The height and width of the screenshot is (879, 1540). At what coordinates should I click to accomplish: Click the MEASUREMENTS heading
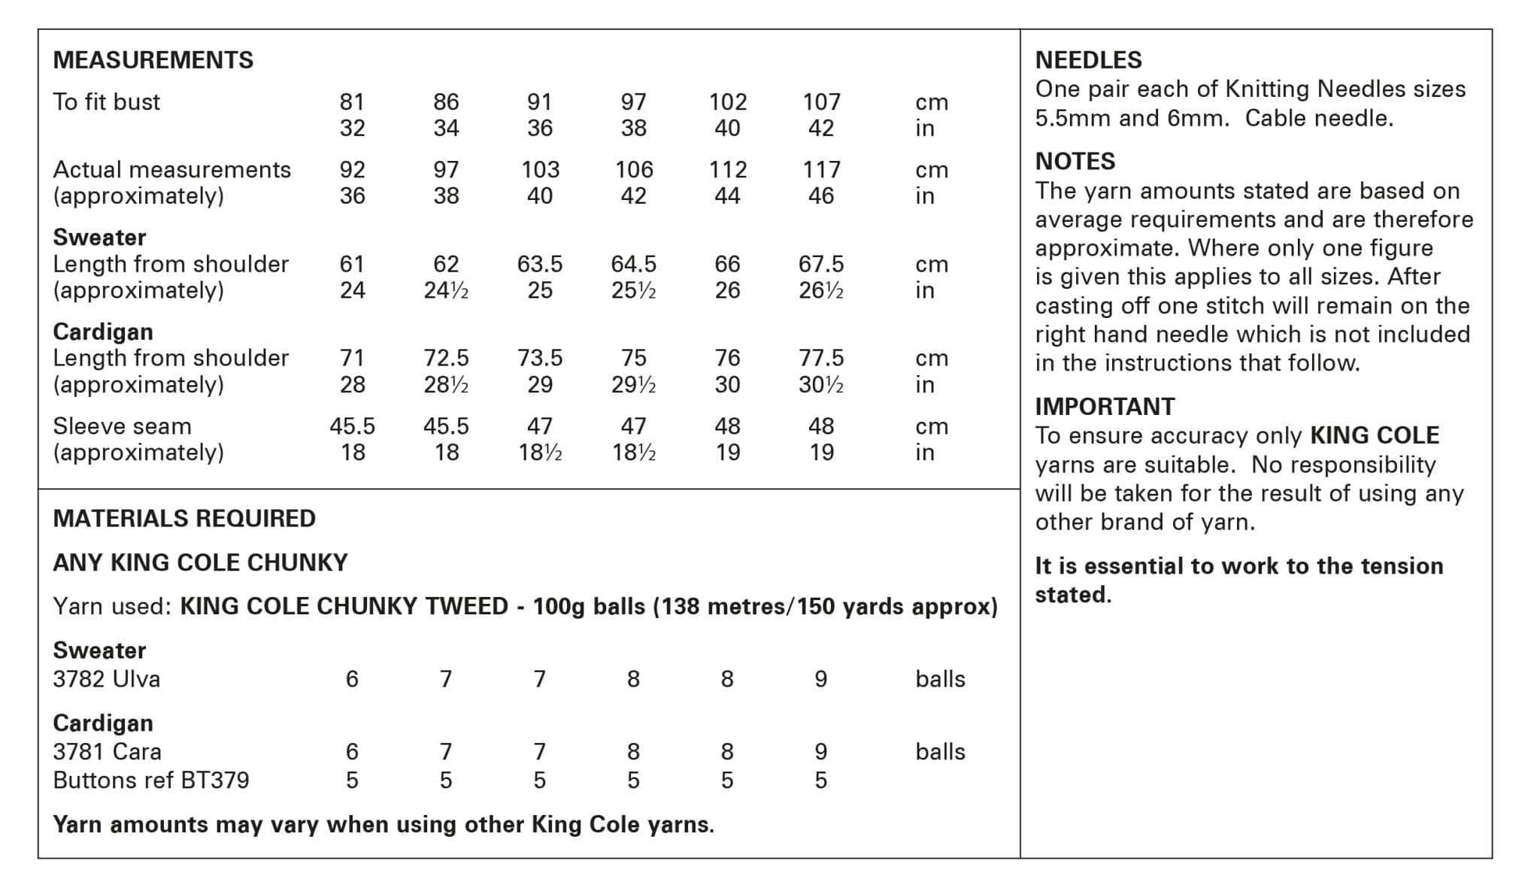click(153, 60)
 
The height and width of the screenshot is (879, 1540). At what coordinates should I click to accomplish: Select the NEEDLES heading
click(1088, 60)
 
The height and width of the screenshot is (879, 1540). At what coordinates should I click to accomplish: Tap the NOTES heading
click(1075, 162)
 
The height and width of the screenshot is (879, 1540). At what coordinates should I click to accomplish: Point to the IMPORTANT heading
click(1104, 407)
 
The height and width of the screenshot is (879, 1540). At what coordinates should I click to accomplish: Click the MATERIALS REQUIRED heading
click(184, 519)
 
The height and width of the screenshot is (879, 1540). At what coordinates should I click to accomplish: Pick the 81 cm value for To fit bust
click(352, 102)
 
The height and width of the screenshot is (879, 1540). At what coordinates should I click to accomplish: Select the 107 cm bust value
click(821, 102)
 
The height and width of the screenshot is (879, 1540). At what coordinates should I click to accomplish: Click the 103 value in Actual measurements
click(540, 170)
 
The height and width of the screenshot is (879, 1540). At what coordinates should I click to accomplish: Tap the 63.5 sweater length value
click(540, 264)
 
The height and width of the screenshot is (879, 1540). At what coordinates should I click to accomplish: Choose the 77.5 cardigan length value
click(821, 358)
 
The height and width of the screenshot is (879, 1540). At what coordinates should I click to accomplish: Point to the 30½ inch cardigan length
click(821, 385)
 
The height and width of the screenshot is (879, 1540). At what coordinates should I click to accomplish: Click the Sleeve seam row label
click(122, 426)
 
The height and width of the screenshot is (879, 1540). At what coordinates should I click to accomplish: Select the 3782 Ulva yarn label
click(106, 679)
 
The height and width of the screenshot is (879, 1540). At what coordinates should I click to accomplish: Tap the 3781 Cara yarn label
click(107, 752)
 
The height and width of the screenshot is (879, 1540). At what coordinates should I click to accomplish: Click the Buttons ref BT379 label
click(150, 780)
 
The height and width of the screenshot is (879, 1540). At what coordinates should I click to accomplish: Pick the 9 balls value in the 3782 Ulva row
click(821, 679)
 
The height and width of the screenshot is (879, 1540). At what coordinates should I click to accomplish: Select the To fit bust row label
click(106, 102)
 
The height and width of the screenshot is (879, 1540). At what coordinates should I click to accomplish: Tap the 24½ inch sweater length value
click(446, 290)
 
